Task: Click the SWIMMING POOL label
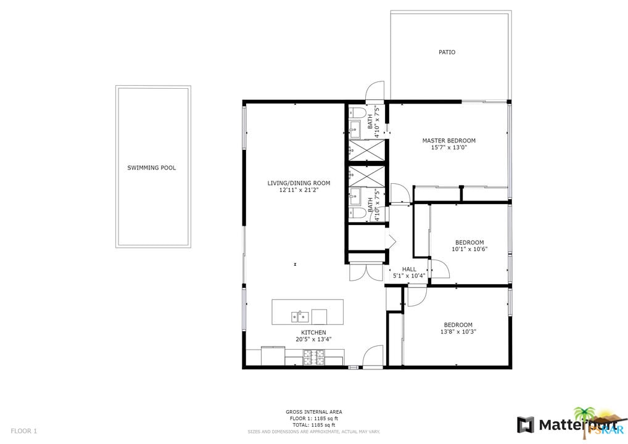click(x=151, y=168)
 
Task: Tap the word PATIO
click(x=447, y=52)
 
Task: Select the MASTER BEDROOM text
click(x=448, y=141)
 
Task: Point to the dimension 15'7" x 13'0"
click(x=448, y=149)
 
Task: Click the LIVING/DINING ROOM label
click(x=299, y=183)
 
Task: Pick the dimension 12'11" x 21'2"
click(x=299, y=191)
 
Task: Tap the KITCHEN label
click(x=313, y=332)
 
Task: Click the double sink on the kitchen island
click(x=300, y=317)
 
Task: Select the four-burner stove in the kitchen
click(x=313, y=355)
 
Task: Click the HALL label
click(x=409, y=269)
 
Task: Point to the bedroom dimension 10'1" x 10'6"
click(x=469, y=250)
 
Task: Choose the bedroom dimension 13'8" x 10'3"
click(x=458, y=332)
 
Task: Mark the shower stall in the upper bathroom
click(x=366, y=150)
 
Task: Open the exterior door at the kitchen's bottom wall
click(x=373, y=358)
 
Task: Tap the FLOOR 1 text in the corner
click(x=24, y=431)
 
